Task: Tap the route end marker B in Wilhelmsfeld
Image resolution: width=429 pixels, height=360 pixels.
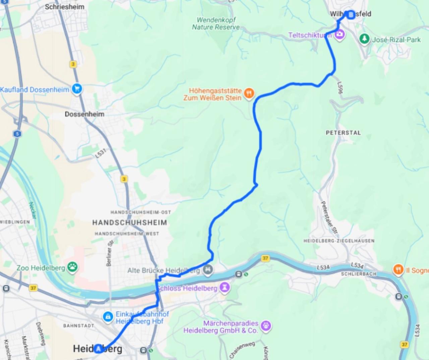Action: pyautogui.click(x=351, y=15)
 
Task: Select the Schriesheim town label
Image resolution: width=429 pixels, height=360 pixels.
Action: pyautogui.click(x=65, y=7)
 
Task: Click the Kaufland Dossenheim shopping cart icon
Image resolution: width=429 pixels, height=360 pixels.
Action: pyautogui.click(x=77, y=89)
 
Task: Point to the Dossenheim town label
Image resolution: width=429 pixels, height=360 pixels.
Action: pyautogui.click(x=84, y=114)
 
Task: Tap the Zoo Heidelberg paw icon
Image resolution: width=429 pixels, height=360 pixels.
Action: pyautogui.click(x=72, y=267)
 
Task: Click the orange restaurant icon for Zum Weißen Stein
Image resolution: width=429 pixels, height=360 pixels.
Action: pyautogui.click(x=249, y=93)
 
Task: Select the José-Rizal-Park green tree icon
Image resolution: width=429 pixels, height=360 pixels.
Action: pyautogui.click(x=364, y=39)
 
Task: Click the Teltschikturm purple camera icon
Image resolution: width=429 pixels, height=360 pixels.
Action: pyautogui.click(x=340, y=34)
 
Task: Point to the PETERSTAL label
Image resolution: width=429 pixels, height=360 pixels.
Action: pyautogui.click(x=344, y=133)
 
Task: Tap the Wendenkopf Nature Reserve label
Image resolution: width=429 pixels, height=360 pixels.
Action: pyautogui.click(x=216, y=23)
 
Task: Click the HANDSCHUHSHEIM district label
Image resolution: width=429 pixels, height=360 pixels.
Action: pyautogui.click(x=129, y=222)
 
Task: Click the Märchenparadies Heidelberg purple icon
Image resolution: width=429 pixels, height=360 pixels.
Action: pyautogui.click(x=266, y=325)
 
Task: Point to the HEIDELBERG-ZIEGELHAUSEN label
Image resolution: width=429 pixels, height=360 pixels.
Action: pyautogui.click(x=339, y=241)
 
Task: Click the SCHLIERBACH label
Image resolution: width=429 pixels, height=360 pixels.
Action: pyautogui.click(x=359, y=274)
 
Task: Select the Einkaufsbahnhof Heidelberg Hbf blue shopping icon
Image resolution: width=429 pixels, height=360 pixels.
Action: pyautogui.click(x=108, y=316)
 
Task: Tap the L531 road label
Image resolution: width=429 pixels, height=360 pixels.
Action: pyautogui.click(x=101, y=153)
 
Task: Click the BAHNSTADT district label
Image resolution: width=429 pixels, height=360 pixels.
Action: pyautogui.click(x=79, y=325)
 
